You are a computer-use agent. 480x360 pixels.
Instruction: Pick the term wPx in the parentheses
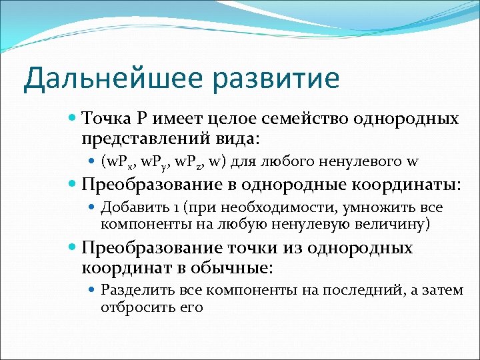pos(119,161)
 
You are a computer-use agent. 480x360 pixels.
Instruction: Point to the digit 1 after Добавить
pos(173,207)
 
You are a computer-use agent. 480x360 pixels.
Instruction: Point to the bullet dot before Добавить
pos(93,208)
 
